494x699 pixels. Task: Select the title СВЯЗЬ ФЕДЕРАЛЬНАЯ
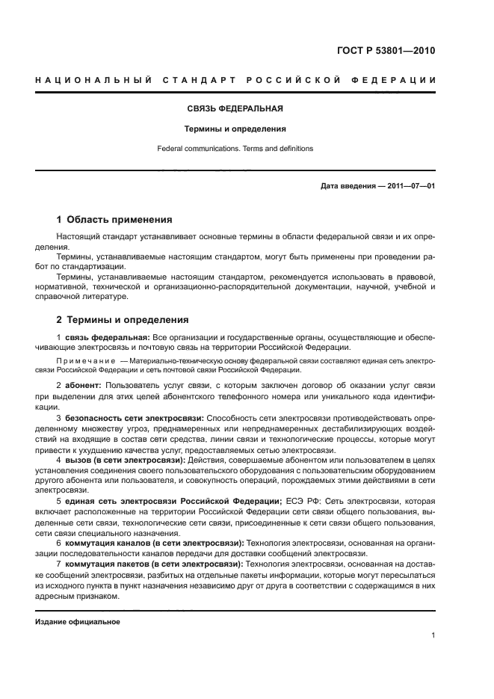pos(235,109)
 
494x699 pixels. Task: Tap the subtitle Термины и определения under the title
pos(235,129)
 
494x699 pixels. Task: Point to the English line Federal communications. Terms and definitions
pos(235,149)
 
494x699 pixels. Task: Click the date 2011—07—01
pos(410,185)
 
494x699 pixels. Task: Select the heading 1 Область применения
pos(114,220)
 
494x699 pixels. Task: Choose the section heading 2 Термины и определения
pos(123,320)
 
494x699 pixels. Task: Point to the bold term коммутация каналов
pos(110,543)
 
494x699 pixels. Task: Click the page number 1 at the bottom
pos(433,635)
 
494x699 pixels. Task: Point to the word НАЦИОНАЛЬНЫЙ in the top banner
pos(94,80)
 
